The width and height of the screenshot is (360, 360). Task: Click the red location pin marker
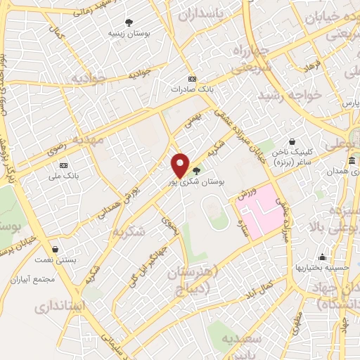(x=181, y=165)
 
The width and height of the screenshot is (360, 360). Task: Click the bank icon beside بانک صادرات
(x=192, y=79)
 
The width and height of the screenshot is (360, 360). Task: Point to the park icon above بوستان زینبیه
(x=129, y=22)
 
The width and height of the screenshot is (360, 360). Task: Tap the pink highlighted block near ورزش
(x=264, y=211)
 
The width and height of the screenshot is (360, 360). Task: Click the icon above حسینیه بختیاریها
(x=322, y=257)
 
